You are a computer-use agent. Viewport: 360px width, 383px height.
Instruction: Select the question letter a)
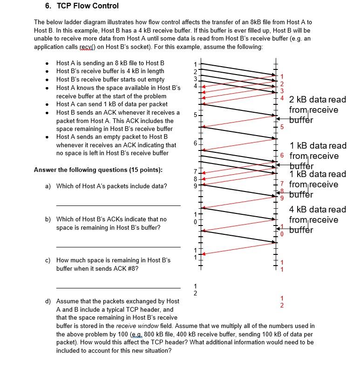(x=48, y=186)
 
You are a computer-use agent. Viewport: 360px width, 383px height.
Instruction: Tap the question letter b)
(x=48, y=219)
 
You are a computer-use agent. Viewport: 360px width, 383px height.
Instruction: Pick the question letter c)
(x=48, y=260)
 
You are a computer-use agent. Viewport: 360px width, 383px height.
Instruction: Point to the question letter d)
(x=48, y=301)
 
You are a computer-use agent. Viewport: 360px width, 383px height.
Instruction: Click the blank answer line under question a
(x=118, y=205)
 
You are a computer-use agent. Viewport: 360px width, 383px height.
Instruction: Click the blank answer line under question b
(x=118, y=246)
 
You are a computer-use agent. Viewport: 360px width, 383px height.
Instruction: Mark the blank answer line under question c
(x=118, y=287)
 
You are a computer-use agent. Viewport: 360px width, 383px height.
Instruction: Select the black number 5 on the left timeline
(x=196, y=115)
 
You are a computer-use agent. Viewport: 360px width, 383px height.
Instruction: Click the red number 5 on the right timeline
(x=281, y=127)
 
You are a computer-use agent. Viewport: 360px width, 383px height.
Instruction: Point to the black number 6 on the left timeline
(x=196, y=144)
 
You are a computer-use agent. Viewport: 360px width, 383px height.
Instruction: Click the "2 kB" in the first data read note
(x=299, y=100)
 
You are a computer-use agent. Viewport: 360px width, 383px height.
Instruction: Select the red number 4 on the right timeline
(x=281, y=97)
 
